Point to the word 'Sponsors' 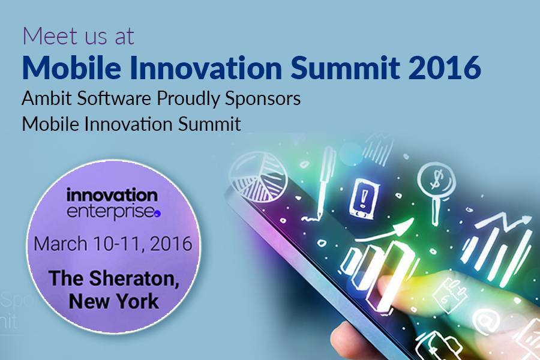(x=263, y=98)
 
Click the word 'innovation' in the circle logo (x=112, y=195)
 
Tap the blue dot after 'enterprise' (x=157, y=214)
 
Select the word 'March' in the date (x=60, y=244)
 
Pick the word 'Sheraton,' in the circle (x=134, y=278)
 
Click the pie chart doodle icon (x=259, y=176)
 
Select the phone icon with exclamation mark (x=364, y=198)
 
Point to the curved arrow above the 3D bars (x=383, y=232)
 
